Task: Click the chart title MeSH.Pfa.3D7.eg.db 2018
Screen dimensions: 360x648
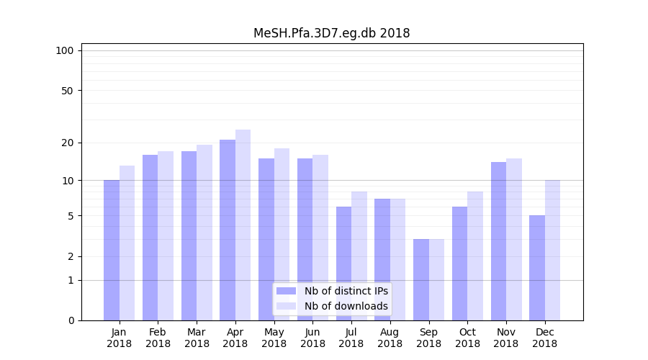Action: (x=331, y=33)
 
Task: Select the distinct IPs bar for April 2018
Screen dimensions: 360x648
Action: (x=228, y=230)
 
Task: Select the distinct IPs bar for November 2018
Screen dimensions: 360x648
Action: (x=498, y=241)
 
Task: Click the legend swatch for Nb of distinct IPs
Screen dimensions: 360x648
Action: (x=286, y=291)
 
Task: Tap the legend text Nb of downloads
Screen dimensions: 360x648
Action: (x=346, y=306)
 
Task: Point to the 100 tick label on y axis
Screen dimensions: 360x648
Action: (x=65, y=50)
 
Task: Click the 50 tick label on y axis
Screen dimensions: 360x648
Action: (x=68, y=91)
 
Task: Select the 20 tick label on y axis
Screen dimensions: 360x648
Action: (x=68, y=143)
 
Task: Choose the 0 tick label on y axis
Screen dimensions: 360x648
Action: (x=71, y=320)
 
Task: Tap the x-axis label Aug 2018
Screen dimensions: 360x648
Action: (x=390, y=338)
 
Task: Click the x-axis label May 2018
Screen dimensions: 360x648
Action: (x=274, y=338)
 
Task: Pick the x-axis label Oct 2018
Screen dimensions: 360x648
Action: (x=467, y=338)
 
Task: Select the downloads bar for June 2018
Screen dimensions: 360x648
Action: (x=320, y=238)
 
